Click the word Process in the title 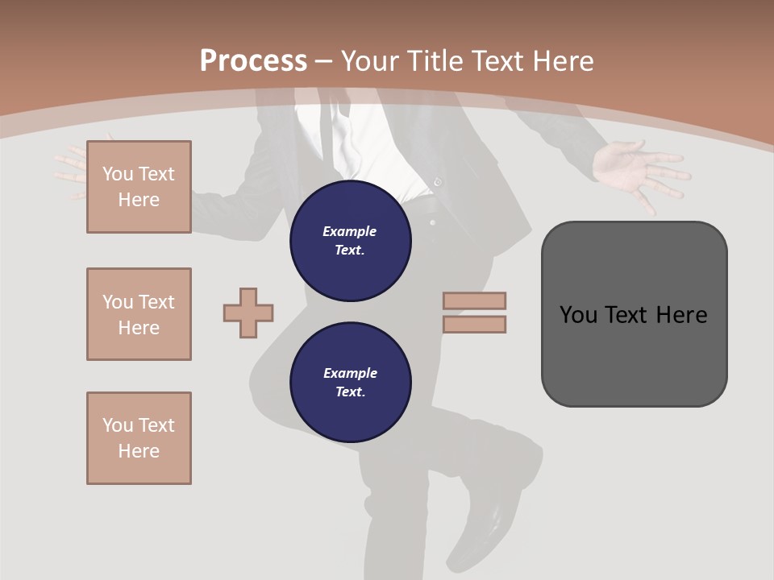[x=253, y=60]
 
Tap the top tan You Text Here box [x=139, y=187]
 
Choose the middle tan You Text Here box [x=139, y=314]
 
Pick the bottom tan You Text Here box [x=139, y=438]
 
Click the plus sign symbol [x=248, y=313]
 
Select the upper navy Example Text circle [x=350, y=241]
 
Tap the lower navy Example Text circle [x=350, y=383]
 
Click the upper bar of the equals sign [x=474, y=300]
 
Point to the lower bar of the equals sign [x=474, y=325]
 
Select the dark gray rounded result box [x=634, y=314]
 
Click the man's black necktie [x=323, y=129]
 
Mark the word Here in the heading [x=564, y=61]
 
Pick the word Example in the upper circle [x=350, y=231]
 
